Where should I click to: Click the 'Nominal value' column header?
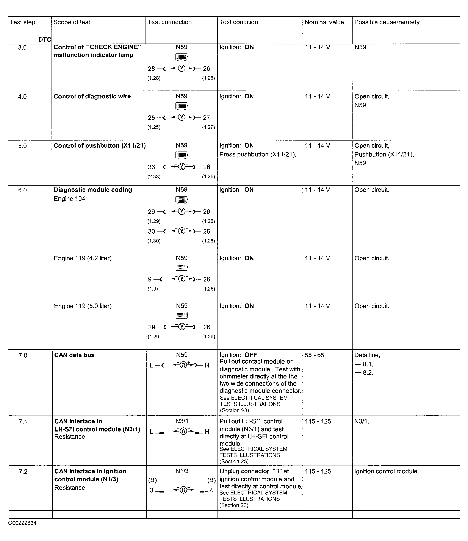point(324,22)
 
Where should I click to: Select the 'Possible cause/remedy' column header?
point(387,22)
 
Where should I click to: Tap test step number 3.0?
point(22,47)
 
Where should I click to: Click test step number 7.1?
point(23,422)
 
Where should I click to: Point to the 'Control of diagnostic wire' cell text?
point(92,96)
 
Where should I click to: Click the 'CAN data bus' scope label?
point(74,355)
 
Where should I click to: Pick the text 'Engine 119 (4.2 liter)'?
point(83,258)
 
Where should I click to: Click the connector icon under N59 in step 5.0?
point(182,155)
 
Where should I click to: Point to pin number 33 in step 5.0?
point(152,167)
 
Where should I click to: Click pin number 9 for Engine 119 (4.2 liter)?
point(150,279)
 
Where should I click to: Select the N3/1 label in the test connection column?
point(182,421)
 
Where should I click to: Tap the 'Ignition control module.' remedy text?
point(387,471)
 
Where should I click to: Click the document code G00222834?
point(22,523)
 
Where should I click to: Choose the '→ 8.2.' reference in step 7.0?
point(364,373)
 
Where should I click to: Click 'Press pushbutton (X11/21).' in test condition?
point(258,155)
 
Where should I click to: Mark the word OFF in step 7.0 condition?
point(250,355)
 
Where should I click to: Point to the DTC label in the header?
point(45,40)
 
